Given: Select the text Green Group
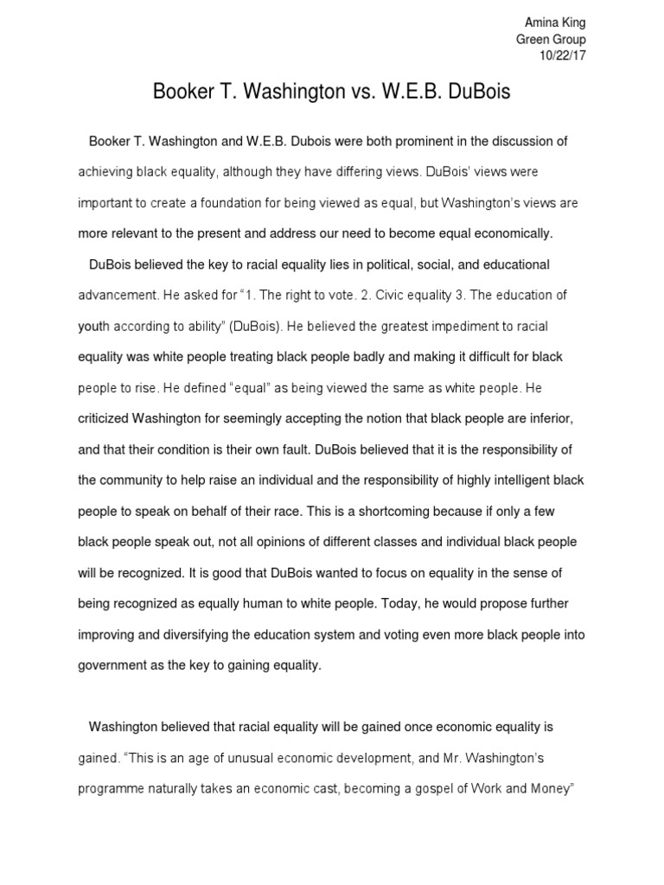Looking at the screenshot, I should [x=551, y=39].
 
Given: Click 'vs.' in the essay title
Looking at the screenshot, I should [x=335, y=93].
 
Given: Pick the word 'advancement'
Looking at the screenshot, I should [x=118, y=295].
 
